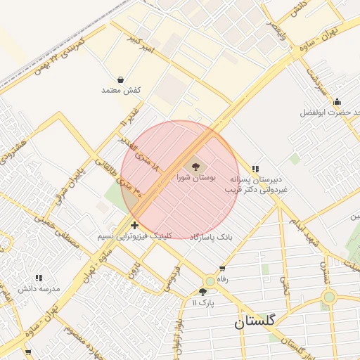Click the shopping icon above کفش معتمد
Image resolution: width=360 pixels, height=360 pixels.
(x=122, y=79)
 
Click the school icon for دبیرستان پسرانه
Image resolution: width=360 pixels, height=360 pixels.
(x=255, y=169)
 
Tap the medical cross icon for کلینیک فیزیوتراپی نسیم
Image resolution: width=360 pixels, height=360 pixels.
(x=134, y=225)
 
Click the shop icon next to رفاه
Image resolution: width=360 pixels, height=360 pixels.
(x=222, y=268)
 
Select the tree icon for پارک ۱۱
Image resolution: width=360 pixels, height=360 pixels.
(x=203, y=291)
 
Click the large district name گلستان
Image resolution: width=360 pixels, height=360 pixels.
(x=255, y=322)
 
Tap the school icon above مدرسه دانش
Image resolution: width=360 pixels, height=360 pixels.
(x=38, y=278)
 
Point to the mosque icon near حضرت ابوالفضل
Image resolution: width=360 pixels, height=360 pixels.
(x=337, y=101)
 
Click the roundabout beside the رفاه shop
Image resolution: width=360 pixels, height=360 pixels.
(x=210, y=281)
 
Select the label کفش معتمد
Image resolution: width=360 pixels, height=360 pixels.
(x=122, y=91)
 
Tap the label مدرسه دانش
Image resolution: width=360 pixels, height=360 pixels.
(x=37, y=289)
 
